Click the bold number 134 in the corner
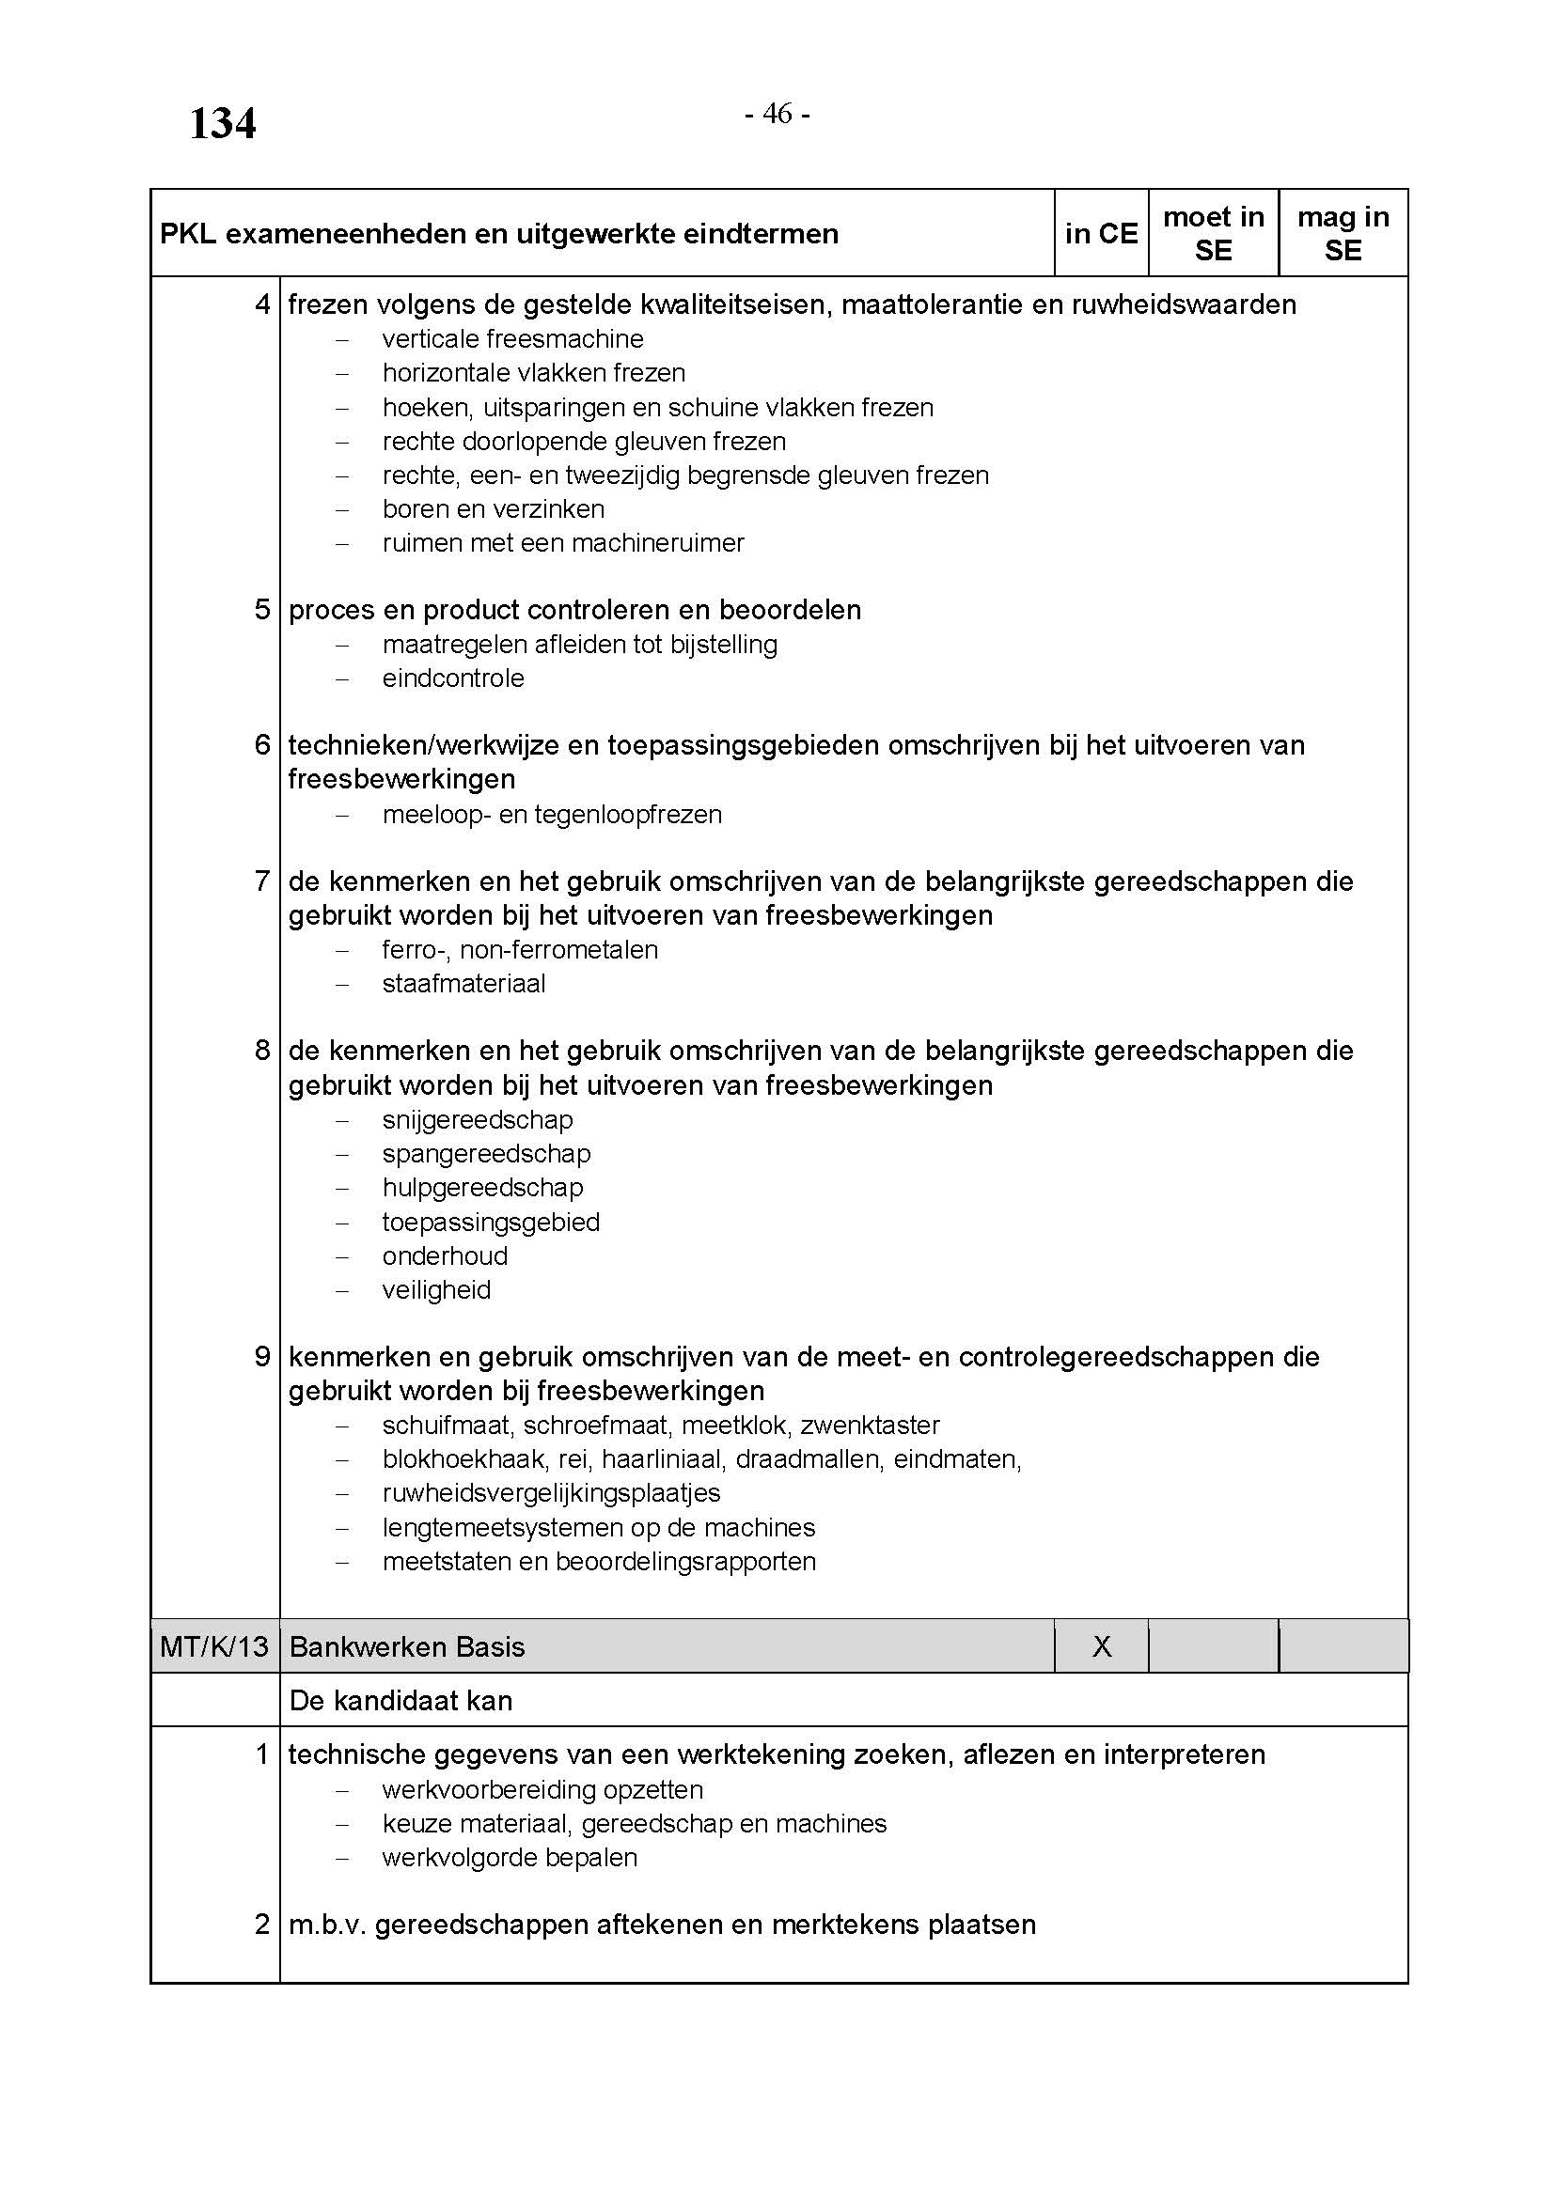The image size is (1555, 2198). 222,123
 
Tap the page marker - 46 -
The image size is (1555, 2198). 777,114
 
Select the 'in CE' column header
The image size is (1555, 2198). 1101,234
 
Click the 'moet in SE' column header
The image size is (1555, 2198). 1213,234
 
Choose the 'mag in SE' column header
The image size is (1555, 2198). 1343,234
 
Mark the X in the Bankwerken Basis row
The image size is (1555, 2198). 1102,1646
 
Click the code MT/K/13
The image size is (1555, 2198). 214,1646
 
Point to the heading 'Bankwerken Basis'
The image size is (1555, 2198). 407,1646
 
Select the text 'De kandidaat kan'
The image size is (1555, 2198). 401,1700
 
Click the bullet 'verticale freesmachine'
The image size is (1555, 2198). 512,339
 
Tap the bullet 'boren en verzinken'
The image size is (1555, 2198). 494,508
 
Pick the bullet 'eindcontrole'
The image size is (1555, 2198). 453,678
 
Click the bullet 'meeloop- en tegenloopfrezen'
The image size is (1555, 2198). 552,814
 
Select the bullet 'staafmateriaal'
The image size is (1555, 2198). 463,983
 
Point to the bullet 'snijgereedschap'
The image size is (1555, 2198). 477,1119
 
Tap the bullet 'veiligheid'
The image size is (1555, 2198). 435,1289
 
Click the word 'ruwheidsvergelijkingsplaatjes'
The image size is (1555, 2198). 551,1492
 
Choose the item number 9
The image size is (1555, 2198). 262,1357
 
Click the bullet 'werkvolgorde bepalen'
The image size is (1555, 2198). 510,1857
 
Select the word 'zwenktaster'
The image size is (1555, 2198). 870,1425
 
